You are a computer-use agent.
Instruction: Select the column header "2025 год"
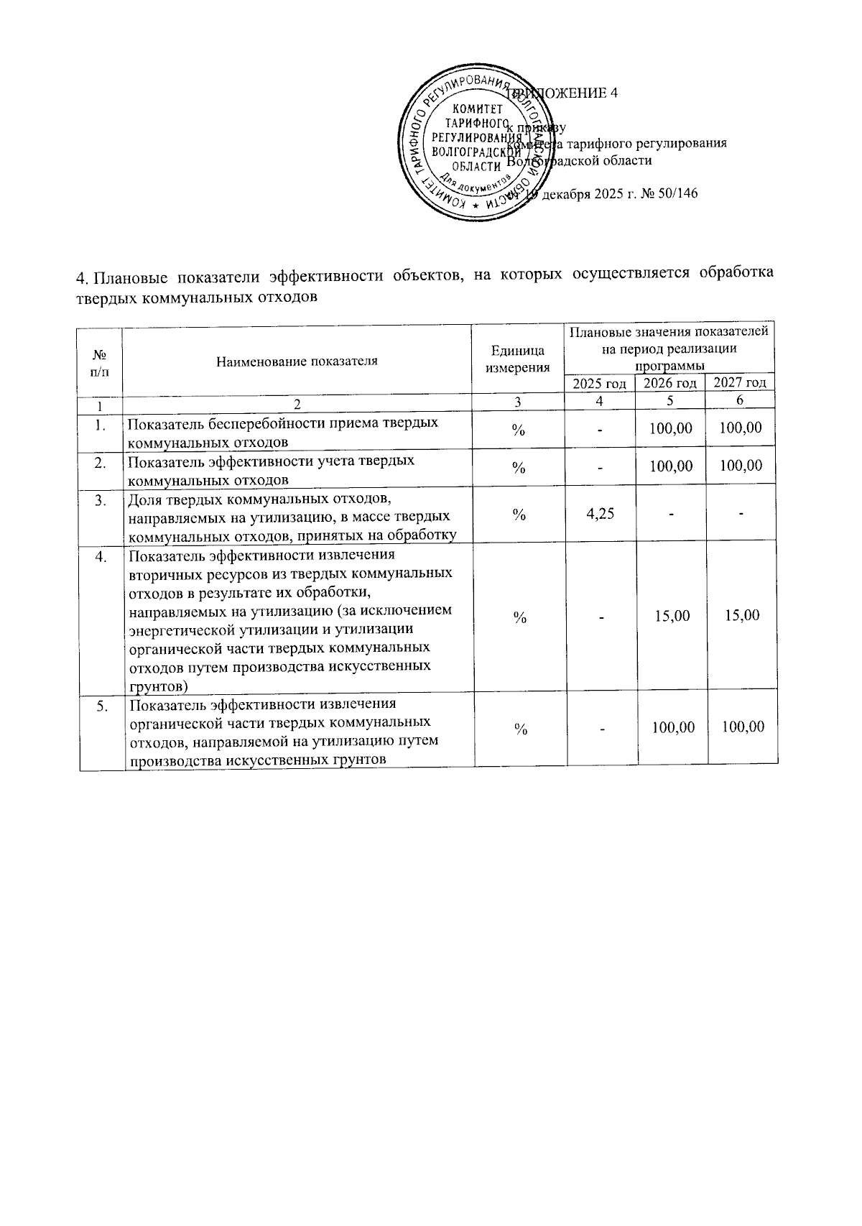(x=600, y=384)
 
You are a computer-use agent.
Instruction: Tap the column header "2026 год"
(x=669, y=384)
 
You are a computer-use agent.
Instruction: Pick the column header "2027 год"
(x=740, y=383)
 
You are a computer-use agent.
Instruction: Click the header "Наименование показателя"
(x=297, y=361)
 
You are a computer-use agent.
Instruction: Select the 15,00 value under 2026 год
(x=672, y=615)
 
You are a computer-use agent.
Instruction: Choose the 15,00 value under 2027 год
(x=742, y=615)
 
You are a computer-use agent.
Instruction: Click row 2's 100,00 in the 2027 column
(x=741, y=466)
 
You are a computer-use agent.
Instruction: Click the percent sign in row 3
(x=518, y=515)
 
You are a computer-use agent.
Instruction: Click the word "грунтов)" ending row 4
(x=159, y=685)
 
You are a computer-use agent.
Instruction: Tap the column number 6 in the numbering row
(x=740, y=400)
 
